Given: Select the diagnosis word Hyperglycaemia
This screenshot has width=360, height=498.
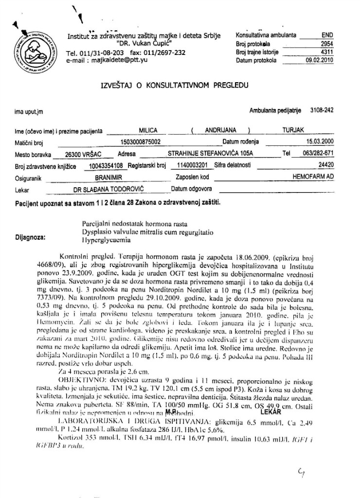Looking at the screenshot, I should [106, 240].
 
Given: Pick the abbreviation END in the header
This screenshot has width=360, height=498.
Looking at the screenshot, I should [327, 35].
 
